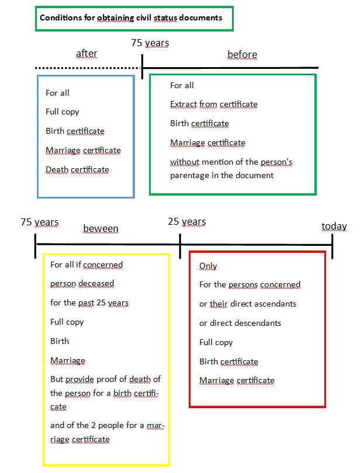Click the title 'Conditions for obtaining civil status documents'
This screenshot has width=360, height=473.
pyautogui.click(x=131, y=18)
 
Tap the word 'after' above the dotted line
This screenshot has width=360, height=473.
pyautogui.click(x=86, y=53)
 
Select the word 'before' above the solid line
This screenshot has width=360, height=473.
pyautogui.click(x=242, y=55)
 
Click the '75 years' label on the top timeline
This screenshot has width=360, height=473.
pyautogui.click(x=150, y=43)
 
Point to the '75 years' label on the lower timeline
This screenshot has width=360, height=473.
pyautogui.click(x=40, y=222)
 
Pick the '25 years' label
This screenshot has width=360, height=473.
pyautogui.click(x=187, y=222)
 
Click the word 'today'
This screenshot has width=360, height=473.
pyautogui.click(x=334, y=226)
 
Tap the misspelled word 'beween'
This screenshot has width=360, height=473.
pyautogui.click(x=101, y=229)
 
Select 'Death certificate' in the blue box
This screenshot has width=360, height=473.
pyautogui.click(x=77, y=170)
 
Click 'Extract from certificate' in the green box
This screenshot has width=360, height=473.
pyautogui.click(x=214, y=105)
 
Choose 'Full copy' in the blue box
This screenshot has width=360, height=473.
pyautogui.click(x=62, y=112)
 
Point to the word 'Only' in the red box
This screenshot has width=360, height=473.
pyautogui.click(x=208, y=266)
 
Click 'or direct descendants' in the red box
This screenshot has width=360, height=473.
pyautogui.click(x=240, y=323)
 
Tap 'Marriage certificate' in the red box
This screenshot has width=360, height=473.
pyautogui.click(x=237, y=381)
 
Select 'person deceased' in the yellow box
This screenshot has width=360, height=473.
pyautogui.click(x=82, y=284)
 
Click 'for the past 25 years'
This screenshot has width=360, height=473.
pyautogui.click(x=89, y=303)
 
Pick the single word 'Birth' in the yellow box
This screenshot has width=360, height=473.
pyautogui.click(x=60, y=341)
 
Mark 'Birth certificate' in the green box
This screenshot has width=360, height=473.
pyautogui.click(x=199, y=124)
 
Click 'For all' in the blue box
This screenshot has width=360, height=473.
pyautogui.click(x=57, y=93)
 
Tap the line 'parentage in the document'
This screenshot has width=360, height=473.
pyautogui.click(x=221, y=176)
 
